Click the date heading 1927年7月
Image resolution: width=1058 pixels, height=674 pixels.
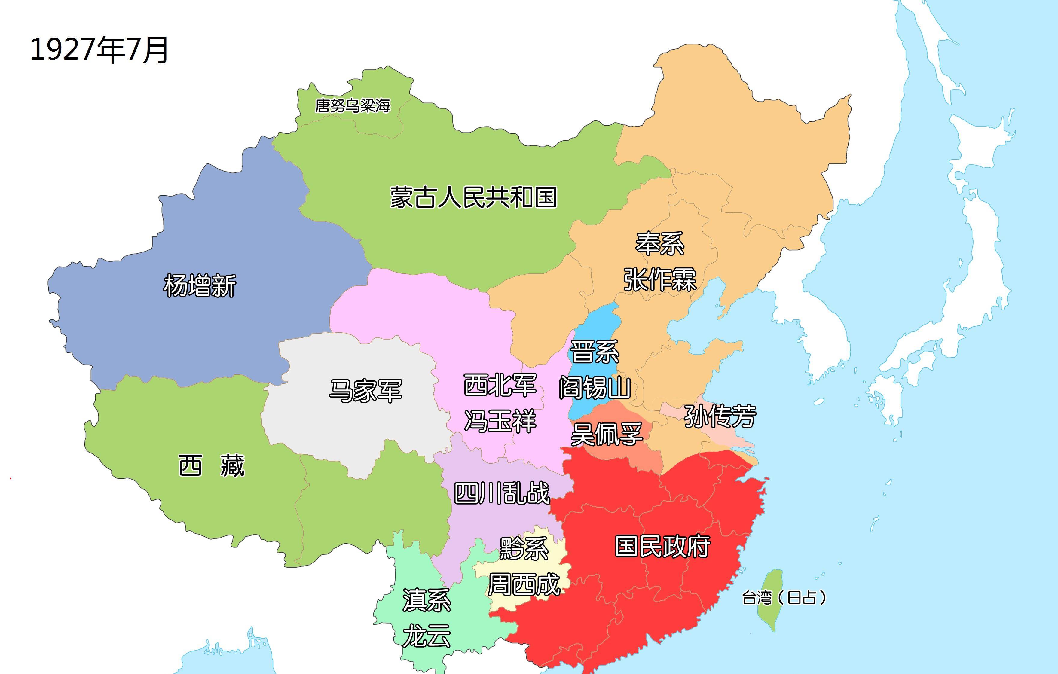pyautogui.click(x=99, y=50)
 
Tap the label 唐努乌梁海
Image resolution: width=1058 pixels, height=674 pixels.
pyautogui.click(x=352, y=105)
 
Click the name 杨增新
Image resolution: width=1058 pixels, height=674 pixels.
pyautogui.click(x=200, y=285)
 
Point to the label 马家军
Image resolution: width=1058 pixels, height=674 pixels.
pyautogui.click(x=365, y=390)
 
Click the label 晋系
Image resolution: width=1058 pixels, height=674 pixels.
pyautogui.click(x=595, y=352)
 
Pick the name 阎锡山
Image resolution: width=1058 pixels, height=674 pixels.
pyautogui.click(x=595, y=388)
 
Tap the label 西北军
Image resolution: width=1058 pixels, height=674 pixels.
pyautogui.click(x=500, y=385)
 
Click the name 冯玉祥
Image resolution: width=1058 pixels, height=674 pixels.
pyautogui.click(x=500, y=421)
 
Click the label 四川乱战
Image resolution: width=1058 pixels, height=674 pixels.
pyautogui.click(x=501, y=493)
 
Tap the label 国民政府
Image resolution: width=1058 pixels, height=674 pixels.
pyautogui.click(x=662, y=546)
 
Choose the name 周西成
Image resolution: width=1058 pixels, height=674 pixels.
pyautogui.click(x=524, y=584)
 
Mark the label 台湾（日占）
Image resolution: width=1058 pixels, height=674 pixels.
pyautogui.click(x=783, y=598)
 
